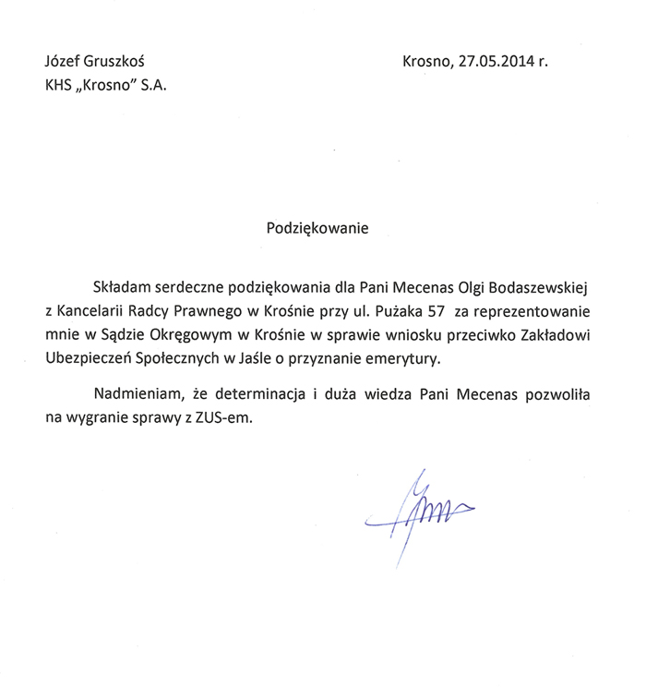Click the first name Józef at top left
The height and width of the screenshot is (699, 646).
tap(63, 63)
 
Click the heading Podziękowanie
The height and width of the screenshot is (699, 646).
tap(317, 228)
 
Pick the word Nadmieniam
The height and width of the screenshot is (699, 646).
tap(135, 394)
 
